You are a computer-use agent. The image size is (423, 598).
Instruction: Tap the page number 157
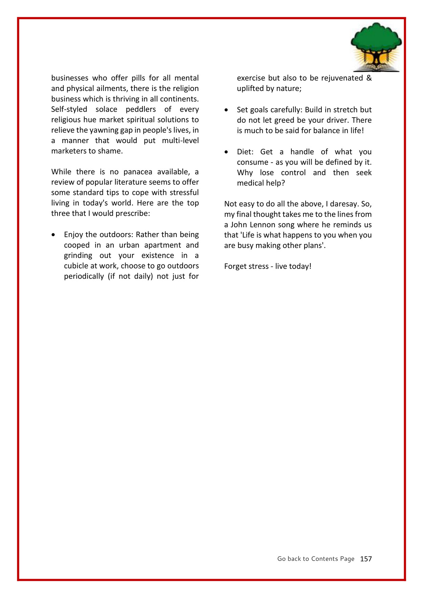click(x=366, y=559)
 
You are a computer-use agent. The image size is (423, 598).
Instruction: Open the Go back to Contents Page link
click(x=315, y=559)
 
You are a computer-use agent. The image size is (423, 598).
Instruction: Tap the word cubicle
click(x=77, y=266)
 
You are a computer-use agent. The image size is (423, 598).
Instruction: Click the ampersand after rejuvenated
click(x=369, y=78)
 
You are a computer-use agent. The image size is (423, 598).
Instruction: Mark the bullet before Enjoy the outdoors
click(x=53, y=235)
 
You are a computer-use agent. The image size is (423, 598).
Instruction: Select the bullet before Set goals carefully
click(x=226, y=110)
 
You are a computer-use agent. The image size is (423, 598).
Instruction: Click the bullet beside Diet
click(x=226, y=152)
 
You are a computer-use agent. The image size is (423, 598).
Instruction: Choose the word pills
click(x=138, y=78)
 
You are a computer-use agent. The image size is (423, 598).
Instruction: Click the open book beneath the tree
click(x=376, y=68)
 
